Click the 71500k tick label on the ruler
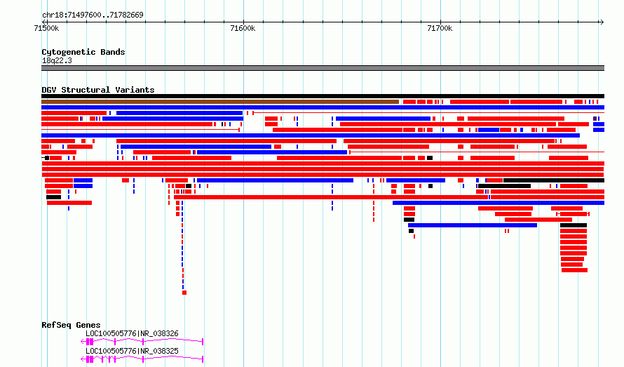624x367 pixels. coord(46,28)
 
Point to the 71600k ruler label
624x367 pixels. coord(243,28)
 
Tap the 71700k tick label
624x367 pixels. coord(440,28)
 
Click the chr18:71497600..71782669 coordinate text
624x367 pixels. coord(93,15)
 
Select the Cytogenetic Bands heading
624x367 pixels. coord(83,52)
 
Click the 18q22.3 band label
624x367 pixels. coord(57,60)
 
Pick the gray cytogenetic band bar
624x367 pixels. coord(323,68)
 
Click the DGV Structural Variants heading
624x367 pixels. coord(98,90)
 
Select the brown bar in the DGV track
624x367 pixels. coord(220,102)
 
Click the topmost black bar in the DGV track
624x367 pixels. coord(323,96)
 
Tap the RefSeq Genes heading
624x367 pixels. coord(71,325)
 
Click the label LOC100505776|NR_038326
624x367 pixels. coord(132,333)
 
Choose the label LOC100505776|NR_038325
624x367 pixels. coord(132,351)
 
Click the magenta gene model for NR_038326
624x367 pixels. coord(142,342)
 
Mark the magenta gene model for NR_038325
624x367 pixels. coord(142,359)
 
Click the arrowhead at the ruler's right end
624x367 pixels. coord(602,22)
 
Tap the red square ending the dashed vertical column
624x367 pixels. coord(184,293)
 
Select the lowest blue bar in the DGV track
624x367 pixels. coord(473,225)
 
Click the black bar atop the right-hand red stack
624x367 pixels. coord(574,225)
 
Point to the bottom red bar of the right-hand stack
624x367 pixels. coord(575,270)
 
